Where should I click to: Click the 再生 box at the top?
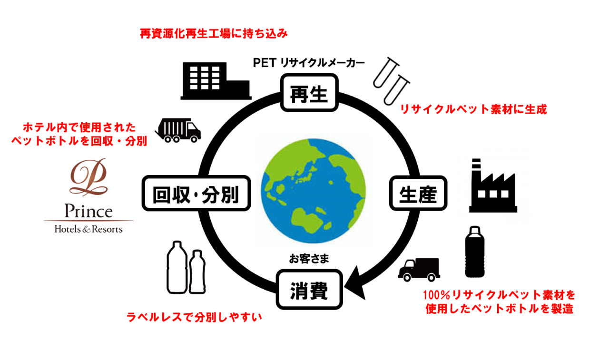pyautogui.click(x=309, y=93)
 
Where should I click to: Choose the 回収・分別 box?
pyautogui.click(x=196, y=194)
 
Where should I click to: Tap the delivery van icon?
pyautogui.click(x=419, y=270)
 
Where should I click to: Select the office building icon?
pyautogui.click(x=215, y=81)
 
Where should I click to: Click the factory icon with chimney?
pyautogui.click(x=493, y=188)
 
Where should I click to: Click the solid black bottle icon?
pyautogui.click(x=474, y=252)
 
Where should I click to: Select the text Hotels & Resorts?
pyautogui.click(x=88, y=229)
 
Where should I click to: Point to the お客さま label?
pyautogui.click(x=309, y=259)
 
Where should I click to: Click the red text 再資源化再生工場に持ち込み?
pyautogui.click(x=214, y=34)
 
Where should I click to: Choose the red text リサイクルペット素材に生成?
pyautogui.click(x=473, y=109)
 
